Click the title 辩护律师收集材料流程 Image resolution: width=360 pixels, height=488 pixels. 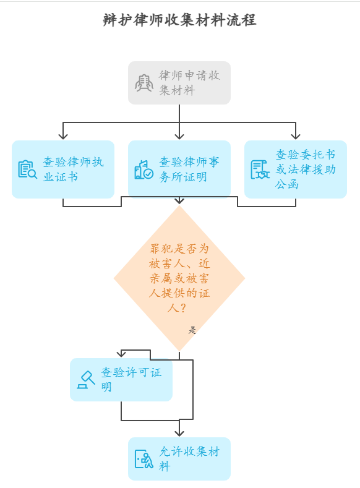click(x=179, y=20)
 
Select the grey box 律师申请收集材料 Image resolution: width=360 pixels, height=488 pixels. click(x=179, y=83)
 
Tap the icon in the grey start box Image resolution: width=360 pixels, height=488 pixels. click(x=144, y=83)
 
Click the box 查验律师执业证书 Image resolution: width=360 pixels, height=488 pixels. click(x=63, y=169)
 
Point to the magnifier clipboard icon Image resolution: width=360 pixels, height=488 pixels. click(x=27, y=169)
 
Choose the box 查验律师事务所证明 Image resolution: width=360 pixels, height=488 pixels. click(x=179, y=169)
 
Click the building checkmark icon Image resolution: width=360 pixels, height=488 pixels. click(x=144, y=169)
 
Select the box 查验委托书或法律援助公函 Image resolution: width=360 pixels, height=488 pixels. click(x=296, y=169)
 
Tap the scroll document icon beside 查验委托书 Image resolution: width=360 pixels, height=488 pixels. click(x=260, y=169)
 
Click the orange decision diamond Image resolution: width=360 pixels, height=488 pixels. click(x=179, y=278)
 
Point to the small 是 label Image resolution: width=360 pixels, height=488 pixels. click(x=192, y=330)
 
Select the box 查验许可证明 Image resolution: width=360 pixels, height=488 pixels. click(x=121, y=380)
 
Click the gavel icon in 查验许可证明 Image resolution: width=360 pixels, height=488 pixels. click(x=85, y=379)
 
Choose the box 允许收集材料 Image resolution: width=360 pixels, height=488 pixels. click(x=179, y=459)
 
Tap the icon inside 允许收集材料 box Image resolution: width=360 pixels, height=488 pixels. click(x=144, y=459)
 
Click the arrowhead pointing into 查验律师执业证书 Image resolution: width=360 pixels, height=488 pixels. click(x=63, y=135)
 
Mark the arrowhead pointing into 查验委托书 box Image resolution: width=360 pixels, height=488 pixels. click(x=296, y=135)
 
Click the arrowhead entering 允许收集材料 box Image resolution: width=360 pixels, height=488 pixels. click(x=179, y=432)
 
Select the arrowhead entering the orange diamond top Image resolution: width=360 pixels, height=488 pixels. click(x=179, y=200)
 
